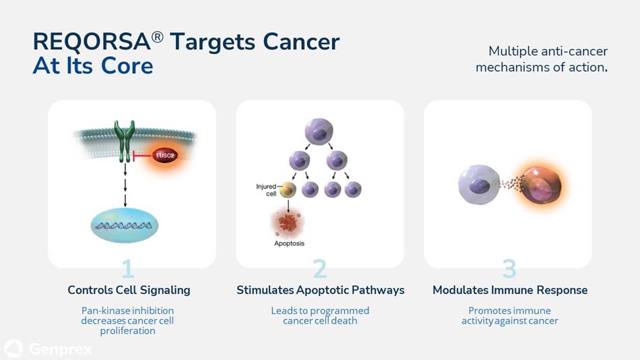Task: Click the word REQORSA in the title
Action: (92, 42)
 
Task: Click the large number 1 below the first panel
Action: (127, 269)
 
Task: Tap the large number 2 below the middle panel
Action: (320, 269)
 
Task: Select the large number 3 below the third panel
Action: (509, 269)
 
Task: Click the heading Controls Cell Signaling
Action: (129, 290)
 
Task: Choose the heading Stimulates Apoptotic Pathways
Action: (320, 290)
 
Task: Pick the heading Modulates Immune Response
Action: (509, 290)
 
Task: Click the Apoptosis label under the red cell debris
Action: (289, 243)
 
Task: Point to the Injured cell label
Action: (266, 189)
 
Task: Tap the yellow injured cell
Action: (288, 189)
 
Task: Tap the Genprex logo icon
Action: (13, 349)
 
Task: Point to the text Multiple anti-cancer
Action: (548, 51)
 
